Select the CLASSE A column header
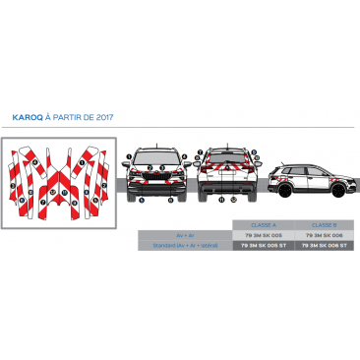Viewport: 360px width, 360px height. point(263,225)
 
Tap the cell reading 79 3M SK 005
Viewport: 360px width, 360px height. point(263,235)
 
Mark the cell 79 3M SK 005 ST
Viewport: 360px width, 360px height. point(263,245)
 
